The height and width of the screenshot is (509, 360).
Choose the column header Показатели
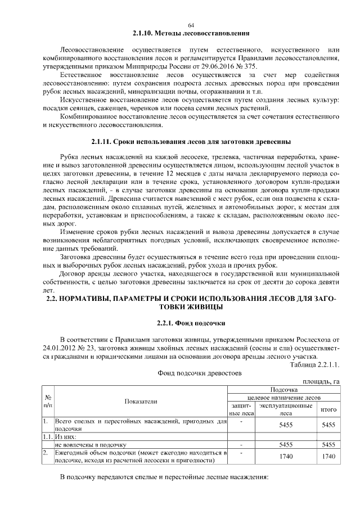tap(141, 401)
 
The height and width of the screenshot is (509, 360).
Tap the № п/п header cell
tap(48, 401)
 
